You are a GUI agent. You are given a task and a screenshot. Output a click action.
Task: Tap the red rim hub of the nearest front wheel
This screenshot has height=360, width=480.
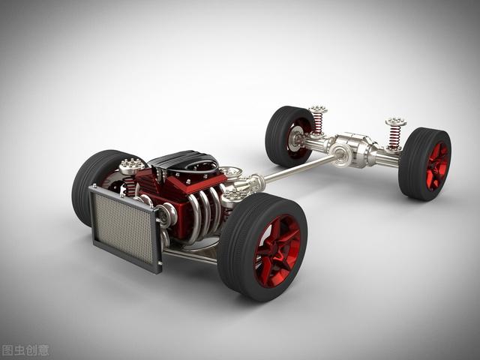tap(277, 252)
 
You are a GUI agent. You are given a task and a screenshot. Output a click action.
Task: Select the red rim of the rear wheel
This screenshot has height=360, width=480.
tap(437, 166)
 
